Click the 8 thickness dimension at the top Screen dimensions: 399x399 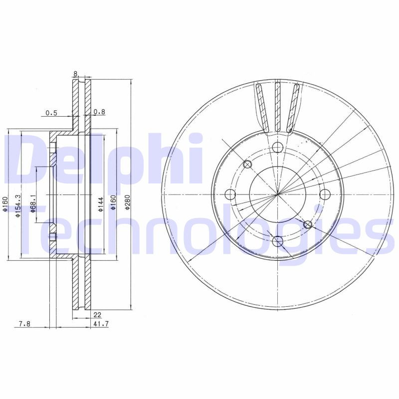tap(75, 74)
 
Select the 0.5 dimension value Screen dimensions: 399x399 tap(51, 113)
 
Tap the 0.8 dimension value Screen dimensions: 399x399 tap(99, 113)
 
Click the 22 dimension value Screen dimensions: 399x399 tap(97, 314)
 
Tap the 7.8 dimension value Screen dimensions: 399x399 tap(24, 324)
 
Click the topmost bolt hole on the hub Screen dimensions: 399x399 tap(278, 147)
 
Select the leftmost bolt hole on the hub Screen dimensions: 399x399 tap(230, 194)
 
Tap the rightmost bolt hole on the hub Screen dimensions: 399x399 tap(325, 194)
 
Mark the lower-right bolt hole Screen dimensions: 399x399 tap(308, 225)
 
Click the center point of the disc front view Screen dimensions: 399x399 tap(278, 194)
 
